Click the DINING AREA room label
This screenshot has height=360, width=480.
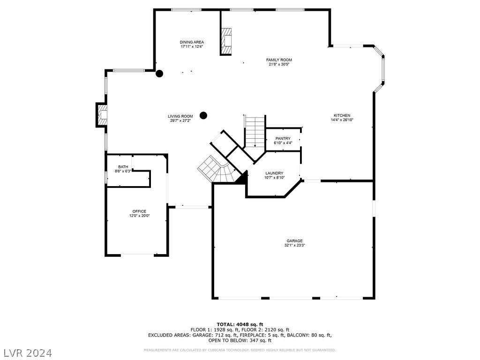[192, 42]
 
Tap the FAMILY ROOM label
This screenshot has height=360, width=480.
[279, 60]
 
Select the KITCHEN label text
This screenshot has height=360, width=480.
[342, 115]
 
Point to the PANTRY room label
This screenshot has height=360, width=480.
[283, 138]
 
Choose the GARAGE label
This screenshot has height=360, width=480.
[295, 241]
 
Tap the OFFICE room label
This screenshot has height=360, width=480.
[139, 211]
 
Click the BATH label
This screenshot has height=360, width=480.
[123, 167]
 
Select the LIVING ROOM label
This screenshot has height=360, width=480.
[180, 116]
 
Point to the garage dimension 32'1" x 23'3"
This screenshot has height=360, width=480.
[295, 245]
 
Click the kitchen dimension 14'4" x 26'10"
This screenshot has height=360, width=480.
[342, 120]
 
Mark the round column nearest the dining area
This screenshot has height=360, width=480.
[159, 73]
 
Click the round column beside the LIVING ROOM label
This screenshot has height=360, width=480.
[203, 115]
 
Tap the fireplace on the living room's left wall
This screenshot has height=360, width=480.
[102, 114]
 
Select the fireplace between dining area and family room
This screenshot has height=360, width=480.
[226, 41]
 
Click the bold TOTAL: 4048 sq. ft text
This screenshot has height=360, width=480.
[240, 324]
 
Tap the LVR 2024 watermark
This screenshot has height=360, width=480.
[28, 352]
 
